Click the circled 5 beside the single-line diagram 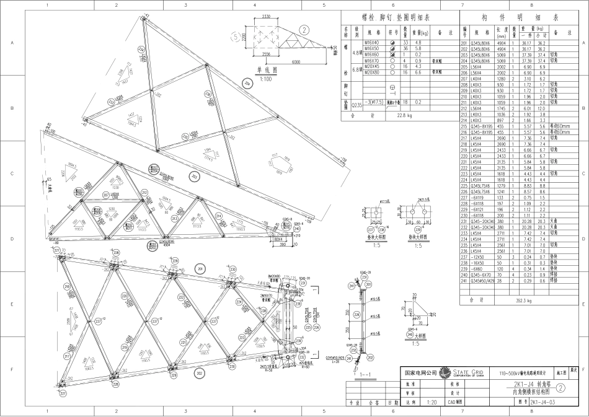coord(234,35)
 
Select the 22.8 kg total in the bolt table coord(395,115)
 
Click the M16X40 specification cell coord(372,42)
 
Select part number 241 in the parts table coord(464,281)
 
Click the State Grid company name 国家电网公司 coord(420,373)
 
